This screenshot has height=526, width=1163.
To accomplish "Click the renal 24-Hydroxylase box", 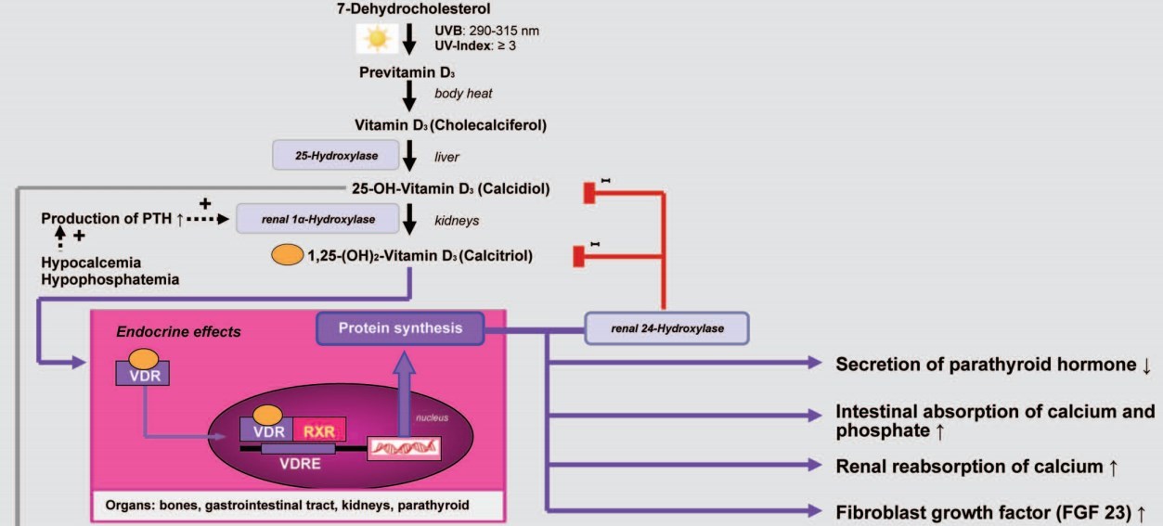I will tap(666, 327).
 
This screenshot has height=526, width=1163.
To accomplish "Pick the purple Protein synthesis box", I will tap(401, 327).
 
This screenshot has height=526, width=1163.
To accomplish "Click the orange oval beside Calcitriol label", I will tap(286, 255).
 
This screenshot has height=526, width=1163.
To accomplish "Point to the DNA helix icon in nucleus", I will tap(404, 449).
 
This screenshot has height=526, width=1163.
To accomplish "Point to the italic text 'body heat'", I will tap(463, 94).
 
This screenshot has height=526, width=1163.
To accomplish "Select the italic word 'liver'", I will tap(447, 157).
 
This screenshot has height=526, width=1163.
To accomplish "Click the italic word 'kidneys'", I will tap(457, 220).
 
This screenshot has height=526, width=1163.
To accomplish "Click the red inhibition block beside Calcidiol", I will tap(588, 192).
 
